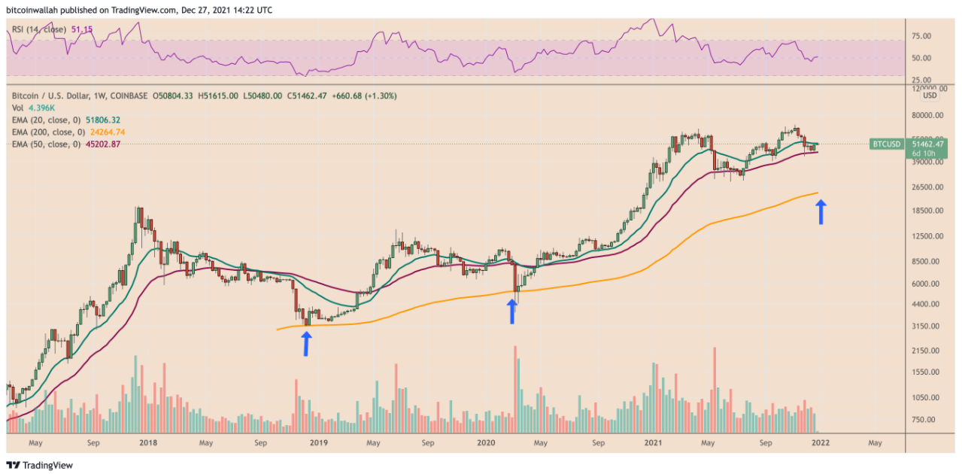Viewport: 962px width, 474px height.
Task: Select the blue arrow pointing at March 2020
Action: click(x=512, y=311)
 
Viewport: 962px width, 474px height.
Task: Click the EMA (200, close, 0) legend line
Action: click(x=67, y=132)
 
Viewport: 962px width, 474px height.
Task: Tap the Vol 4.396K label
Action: click(x=29, y=108)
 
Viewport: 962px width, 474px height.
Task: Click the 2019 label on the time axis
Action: click(x=318, y=443)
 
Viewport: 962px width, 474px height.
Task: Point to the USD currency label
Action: click(x=930, y=96)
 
